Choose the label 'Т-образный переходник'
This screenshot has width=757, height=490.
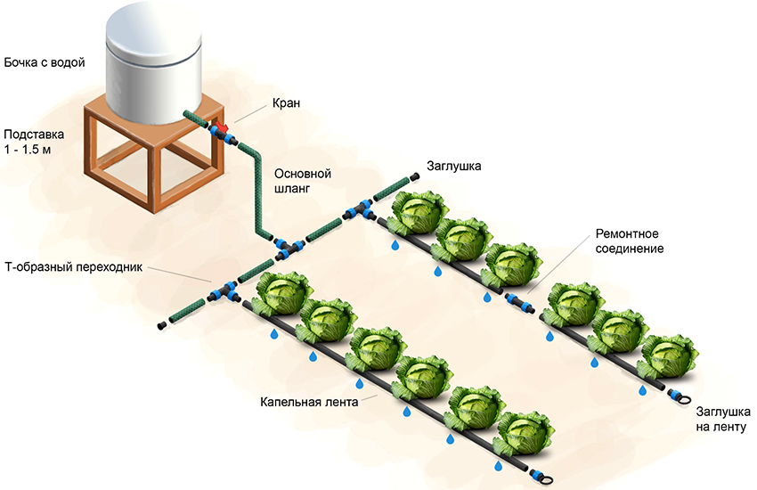click(73, 267)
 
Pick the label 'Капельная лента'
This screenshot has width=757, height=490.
click(310, 402)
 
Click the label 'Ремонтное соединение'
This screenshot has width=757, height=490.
click(630, 240)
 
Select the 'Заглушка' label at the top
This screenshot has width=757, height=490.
click(454, 164)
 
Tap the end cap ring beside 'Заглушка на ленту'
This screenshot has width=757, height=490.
click(679, 397)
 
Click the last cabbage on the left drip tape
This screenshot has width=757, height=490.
click(521, 436)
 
